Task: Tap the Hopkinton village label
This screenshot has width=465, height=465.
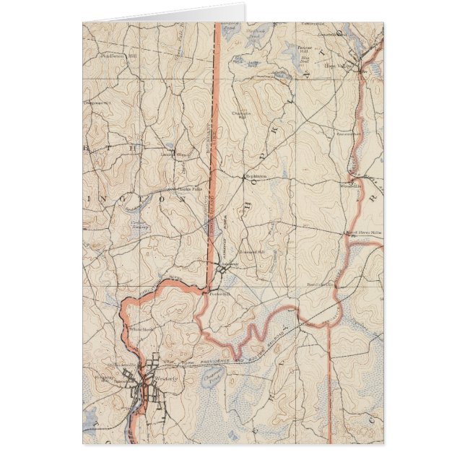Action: tap(256, 175)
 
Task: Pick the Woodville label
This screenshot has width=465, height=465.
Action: tap(352, 185)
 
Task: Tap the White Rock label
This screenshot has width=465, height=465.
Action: tap(140, 329)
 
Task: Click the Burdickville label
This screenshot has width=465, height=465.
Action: tap(322, 284)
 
